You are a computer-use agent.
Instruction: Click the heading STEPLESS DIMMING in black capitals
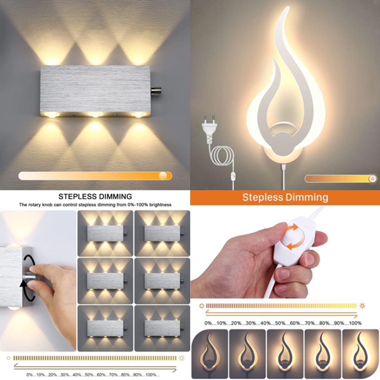(95, 196)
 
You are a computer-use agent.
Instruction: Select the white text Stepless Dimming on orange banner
(285, 197)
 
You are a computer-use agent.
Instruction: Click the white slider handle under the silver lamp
(163, 176)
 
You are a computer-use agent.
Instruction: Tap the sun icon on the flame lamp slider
(372, 178)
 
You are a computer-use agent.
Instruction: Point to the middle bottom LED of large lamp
(95, 115)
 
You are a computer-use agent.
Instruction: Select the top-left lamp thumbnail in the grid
(105, 233)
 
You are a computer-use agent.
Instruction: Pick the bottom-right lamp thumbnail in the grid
(162, 328)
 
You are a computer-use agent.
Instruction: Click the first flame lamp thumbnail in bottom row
(210, 353)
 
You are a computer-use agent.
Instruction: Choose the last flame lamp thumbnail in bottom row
(360, 353)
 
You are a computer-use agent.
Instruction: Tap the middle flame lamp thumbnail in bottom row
(285, 353)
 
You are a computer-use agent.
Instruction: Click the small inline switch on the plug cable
(233, 176)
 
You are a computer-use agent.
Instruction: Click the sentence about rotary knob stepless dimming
(95, 205)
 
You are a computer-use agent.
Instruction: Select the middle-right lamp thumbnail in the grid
(162, 280)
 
